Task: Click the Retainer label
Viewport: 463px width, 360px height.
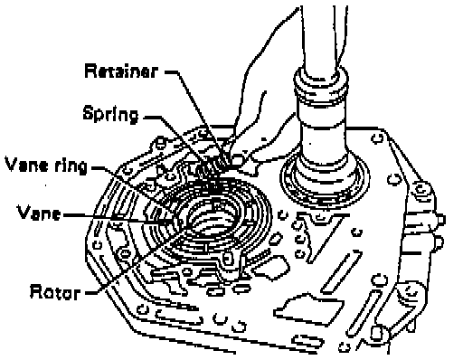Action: [x=121, y=71]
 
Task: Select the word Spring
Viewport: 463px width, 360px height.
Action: [x=110, y=114]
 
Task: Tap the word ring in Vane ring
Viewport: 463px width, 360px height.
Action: [x=71, y=166]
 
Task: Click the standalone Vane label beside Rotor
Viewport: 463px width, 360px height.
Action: [x=39, y=213]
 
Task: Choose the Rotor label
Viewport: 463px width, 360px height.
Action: [x=55, y=291]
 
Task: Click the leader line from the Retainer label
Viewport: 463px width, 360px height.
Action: [x=197, y=118]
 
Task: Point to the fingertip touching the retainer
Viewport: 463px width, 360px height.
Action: [x=238, y=159]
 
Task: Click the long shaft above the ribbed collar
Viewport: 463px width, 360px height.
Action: [x=321, y=36]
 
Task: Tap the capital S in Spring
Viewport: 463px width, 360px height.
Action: [x=88, y=113]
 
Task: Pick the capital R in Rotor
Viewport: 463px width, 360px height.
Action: [x=35, y=291]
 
